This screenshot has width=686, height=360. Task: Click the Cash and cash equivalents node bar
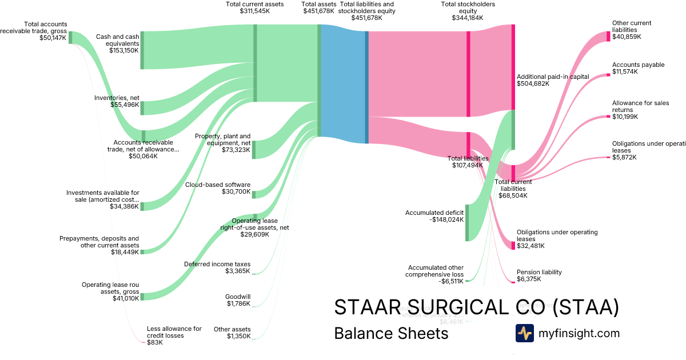[142, 50]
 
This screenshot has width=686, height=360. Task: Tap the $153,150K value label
[123, 50]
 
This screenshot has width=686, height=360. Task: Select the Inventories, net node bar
[142, 108]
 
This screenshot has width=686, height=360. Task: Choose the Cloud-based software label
[218, 185]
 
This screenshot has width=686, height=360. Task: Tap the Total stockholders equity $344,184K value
[468, 18]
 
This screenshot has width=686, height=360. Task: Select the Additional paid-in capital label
[544, 76]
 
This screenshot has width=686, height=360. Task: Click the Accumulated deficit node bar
[467, 222]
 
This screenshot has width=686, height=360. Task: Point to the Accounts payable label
[638, 65]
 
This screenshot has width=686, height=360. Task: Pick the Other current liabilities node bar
[608, 37]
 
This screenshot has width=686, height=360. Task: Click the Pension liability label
[539, 272]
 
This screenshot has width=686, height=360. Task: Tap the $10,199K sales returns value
[625, 117]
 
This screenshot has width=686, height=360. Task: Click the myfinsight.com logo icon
[524, 333]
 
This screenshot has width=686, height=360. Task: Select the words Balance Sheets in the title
[391, 333]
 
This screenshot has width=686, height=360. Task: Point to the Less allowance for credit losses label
[174, 332]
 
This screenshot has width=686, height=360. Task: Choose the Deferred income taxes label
[217, 264]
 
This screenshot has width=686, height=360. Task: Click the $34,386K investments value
[124, 206]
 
